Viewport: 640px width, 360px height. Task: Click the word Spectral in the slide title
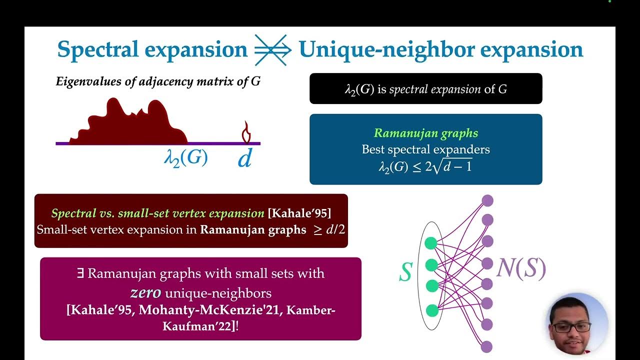tap(95, 50)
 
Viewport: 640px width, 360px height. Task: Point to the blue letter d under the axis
tap(244, 159)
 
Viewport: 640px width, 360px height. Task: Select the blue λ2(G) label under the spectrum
tap(186, 158)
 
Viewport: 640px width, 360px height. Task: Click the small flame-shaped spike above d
tap(245, 133)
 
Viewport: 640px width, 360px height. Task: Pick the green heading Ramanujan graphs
tap(426, 133)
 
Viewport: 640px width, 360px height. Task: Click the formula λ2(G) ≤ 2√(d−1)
tap(425, 166)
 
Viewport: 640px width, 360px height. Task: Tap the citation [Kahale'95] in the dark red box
tap(299, 213)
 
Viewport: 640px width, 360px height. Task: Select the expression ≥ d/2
tap(326, 230)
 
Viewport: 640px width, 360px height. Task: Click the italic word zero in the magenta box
tap(146, 292)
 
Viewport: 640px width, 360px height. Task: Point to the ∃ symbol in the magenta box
tap(80, 273)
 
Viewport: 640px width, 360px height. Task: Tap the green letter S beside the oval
tap(405, 272)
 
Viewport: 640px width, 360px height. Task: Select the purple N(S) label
tap(521, 269)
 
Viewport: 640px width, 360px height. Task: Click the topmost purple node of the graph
tap(487, 200)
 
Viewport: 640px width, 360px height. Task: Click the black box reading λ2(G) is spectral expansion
tap(425, 89)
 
